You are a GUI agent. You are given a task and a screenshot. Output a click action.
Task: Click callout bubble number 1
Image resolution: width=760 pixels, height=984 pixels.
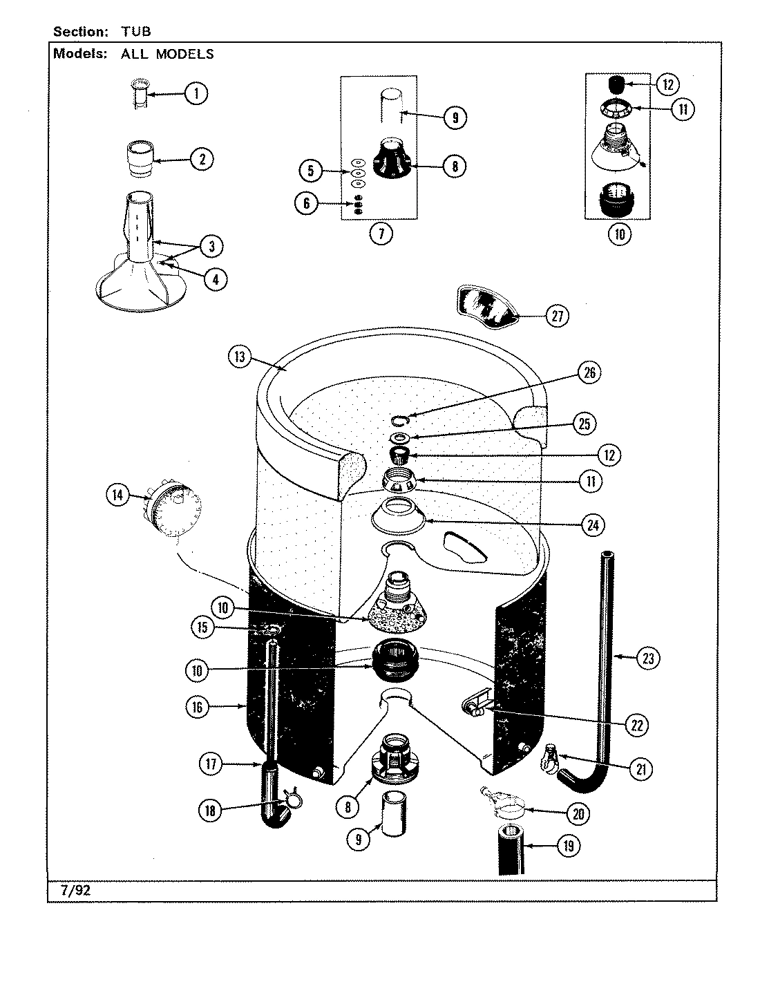click(x=196, y=93)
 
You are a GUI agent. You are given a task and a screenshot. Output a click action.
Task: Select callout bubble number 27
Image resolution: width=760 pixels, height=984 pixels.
click(x=557, y=316)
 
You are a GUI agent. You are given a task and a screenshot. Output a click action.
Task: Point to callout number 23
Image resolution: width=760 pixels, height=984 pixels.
click(x=647, y=658)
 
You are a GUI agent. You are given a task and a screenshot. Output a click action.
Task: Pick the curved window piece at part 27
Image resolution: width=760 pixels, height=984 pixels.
click(x=486, y=307)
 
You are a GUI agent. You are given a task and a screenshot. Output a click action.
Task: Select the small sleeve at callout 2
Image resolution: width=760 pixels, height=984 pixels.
click(x=140, y=160)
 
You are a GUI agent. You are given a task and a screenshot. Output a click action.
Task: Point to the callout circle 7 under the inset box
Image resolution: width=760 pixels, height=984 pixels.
click(x=380, y=234)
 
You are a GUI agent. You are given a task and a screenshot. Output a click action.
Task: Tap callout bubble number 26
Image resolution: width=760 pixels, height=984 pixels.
click(x=589, y=372)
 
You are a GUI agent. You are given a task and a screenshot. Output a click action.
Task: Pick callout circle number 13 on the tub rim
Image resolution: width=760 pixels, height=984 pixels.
click(x=240, y=357)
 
